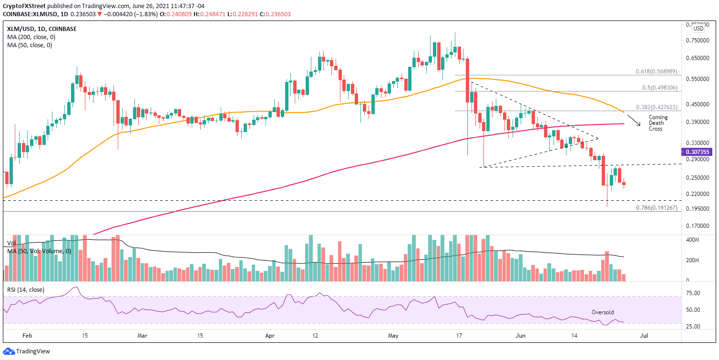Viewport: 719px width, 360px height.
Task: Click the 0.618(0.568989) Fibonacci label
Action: [x=656, y=72]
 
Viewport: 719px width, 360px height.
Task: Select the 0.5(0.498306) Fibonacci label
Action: [x=659, y=88]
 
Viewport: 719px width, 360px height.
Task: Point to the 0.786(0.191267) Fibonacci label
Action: [x=656, y=208]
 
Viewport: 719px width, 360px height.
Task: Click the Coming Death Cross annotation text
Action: [x=658, y=123]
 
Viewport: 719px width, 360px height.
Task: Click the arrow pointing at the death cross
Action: [x=633, y=121]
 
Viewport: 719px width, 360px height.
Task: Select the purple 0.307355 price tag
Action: [x=698, y=152]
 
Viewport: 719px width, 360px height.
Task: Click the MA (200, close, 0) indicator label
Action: [x=30, y=37]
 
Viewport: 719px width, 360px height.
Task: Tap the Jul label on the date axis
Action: [x=644, y=336]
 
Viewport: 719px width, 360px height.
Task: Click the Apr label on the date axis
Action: [x=270, y=336]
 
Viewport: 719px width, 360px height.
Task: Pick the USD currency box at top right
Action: [x=698, y=28]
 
